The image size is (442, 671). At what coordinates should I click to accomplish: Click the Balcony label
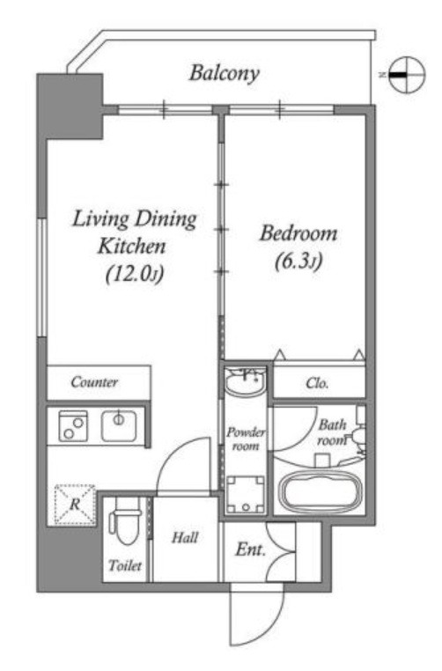(x=225, y=73)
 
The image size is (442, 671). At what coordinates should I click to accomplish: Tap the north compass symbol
(x=408, y=75)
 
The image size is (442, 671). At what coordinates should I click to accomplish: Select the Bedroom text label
(x=298, y=233)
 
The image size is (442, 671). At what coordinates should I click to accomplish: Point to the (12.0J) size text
(x=135, y=274)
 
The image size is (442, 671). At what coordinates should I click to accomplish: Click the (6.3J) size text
(x=298, y=261)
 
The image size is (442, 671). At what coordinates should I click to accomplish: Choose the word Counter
(x=94, y=381)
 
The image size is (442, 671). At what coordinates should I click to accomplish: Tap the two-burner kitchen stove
(x=73, y=426)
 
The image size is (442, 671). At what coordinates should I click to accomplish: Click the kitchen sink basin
(x=119, y=426)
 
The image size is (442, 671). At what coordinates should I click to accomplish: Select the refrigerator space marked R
(x=75, y=504)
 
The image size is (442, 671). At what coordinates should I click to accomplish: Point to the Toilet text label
(x=125, y=565)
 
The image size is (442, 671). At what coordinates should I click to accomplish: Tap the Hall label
(x=185, y=537)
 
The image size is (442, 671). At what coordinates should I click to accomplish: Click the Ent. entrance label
(x=250, y=549)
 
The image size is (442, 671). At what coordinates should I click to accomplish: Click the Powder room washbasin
(x=245, y=382)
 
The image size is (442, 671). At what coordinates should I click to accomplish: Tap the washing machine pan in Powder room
(x=246, y=494)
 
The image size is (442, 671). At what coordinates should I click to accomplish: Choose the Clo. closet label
(x=317, y=382)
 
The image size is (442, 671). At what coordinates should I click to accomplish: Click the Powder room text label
(x=245, y=439)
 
